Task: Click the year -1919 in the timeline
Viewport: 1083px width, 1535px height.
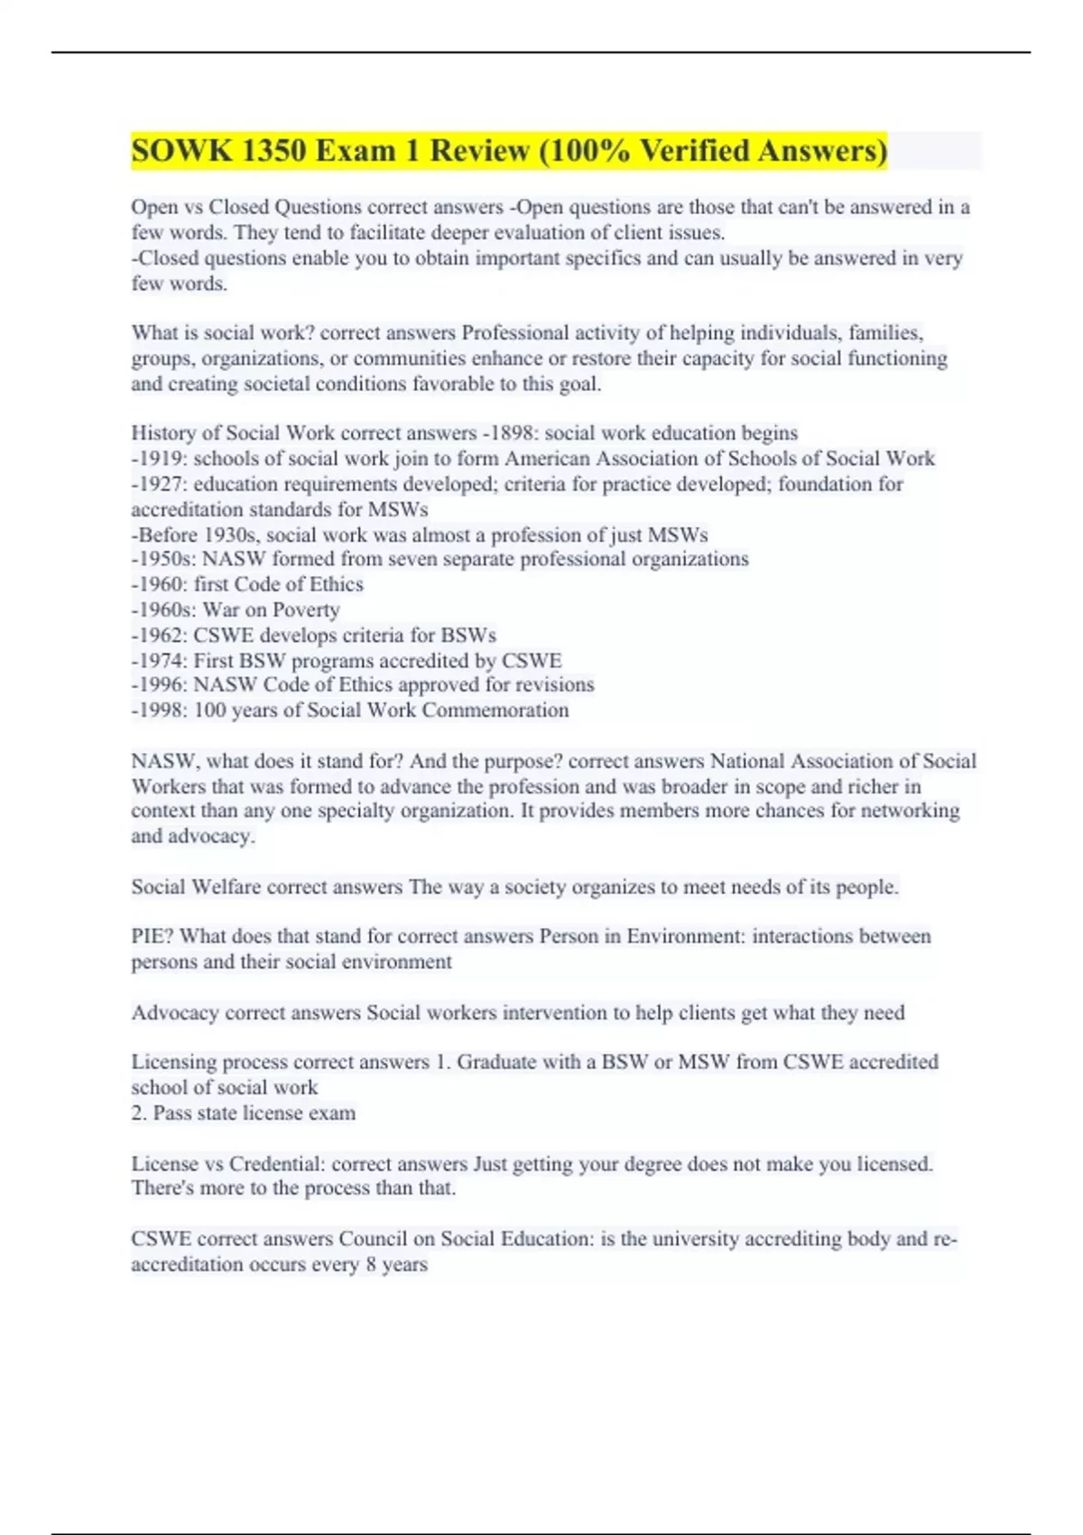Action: coord(158,459)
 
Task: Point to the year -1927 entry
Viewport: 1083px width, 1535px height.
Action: coord(158,484)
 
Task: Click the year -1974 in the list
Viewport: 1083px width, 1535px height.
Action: coord(158,661)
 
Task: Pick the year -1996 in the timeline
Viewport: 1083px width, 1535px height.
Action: coord(158,685)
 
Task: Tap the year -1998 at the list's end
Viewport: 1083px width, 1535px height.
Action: coord(158,711)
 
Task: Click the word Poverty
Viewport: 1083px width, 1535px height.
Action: coord(306,610)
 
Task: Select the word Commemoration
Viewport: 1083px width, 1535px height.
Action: coord(495,711)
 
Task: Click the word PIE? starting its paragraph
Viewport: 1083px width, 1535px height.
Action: coord(153,936)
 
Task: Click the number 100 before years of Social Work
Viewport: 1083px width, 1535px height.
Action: coord(209,711)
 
